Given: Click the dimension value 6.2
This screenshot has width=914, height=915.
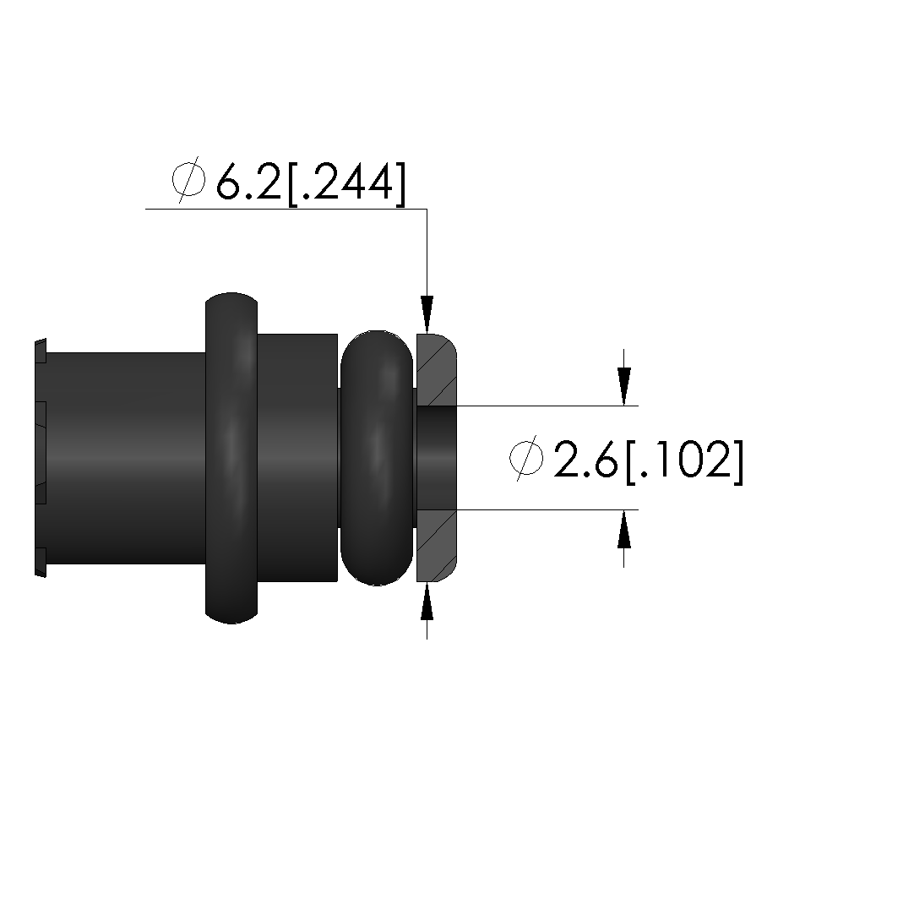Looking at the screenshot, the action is click(x=249, y=181).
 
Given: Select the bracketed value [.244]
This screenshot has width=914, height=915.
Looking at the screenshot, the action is click(x=346, y=182).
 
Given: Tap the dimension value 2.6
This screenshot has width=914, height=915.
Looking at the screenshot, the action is click(x=585, y=460).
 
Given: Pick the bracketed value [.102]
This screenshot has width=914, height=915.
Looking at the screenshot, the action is click(x=684, y=461).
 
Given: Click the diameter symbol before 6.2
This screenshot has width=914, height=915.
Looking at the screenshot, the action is click(x=189, y=179).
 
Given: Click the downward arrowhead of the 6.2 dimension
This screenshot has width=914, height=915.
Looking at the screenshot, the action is click(x=427, y=314).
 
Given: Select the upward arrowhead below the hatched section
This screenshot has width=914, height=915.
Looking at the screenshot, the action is click(x=427, y=601).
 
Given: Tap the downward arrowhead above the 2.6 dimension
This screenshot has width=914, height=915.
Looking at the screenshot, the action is click(x=624, y=386).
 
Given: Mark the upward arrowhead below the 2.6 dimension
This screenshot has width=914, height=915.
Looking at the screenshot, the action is click(x=624, y=529).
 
